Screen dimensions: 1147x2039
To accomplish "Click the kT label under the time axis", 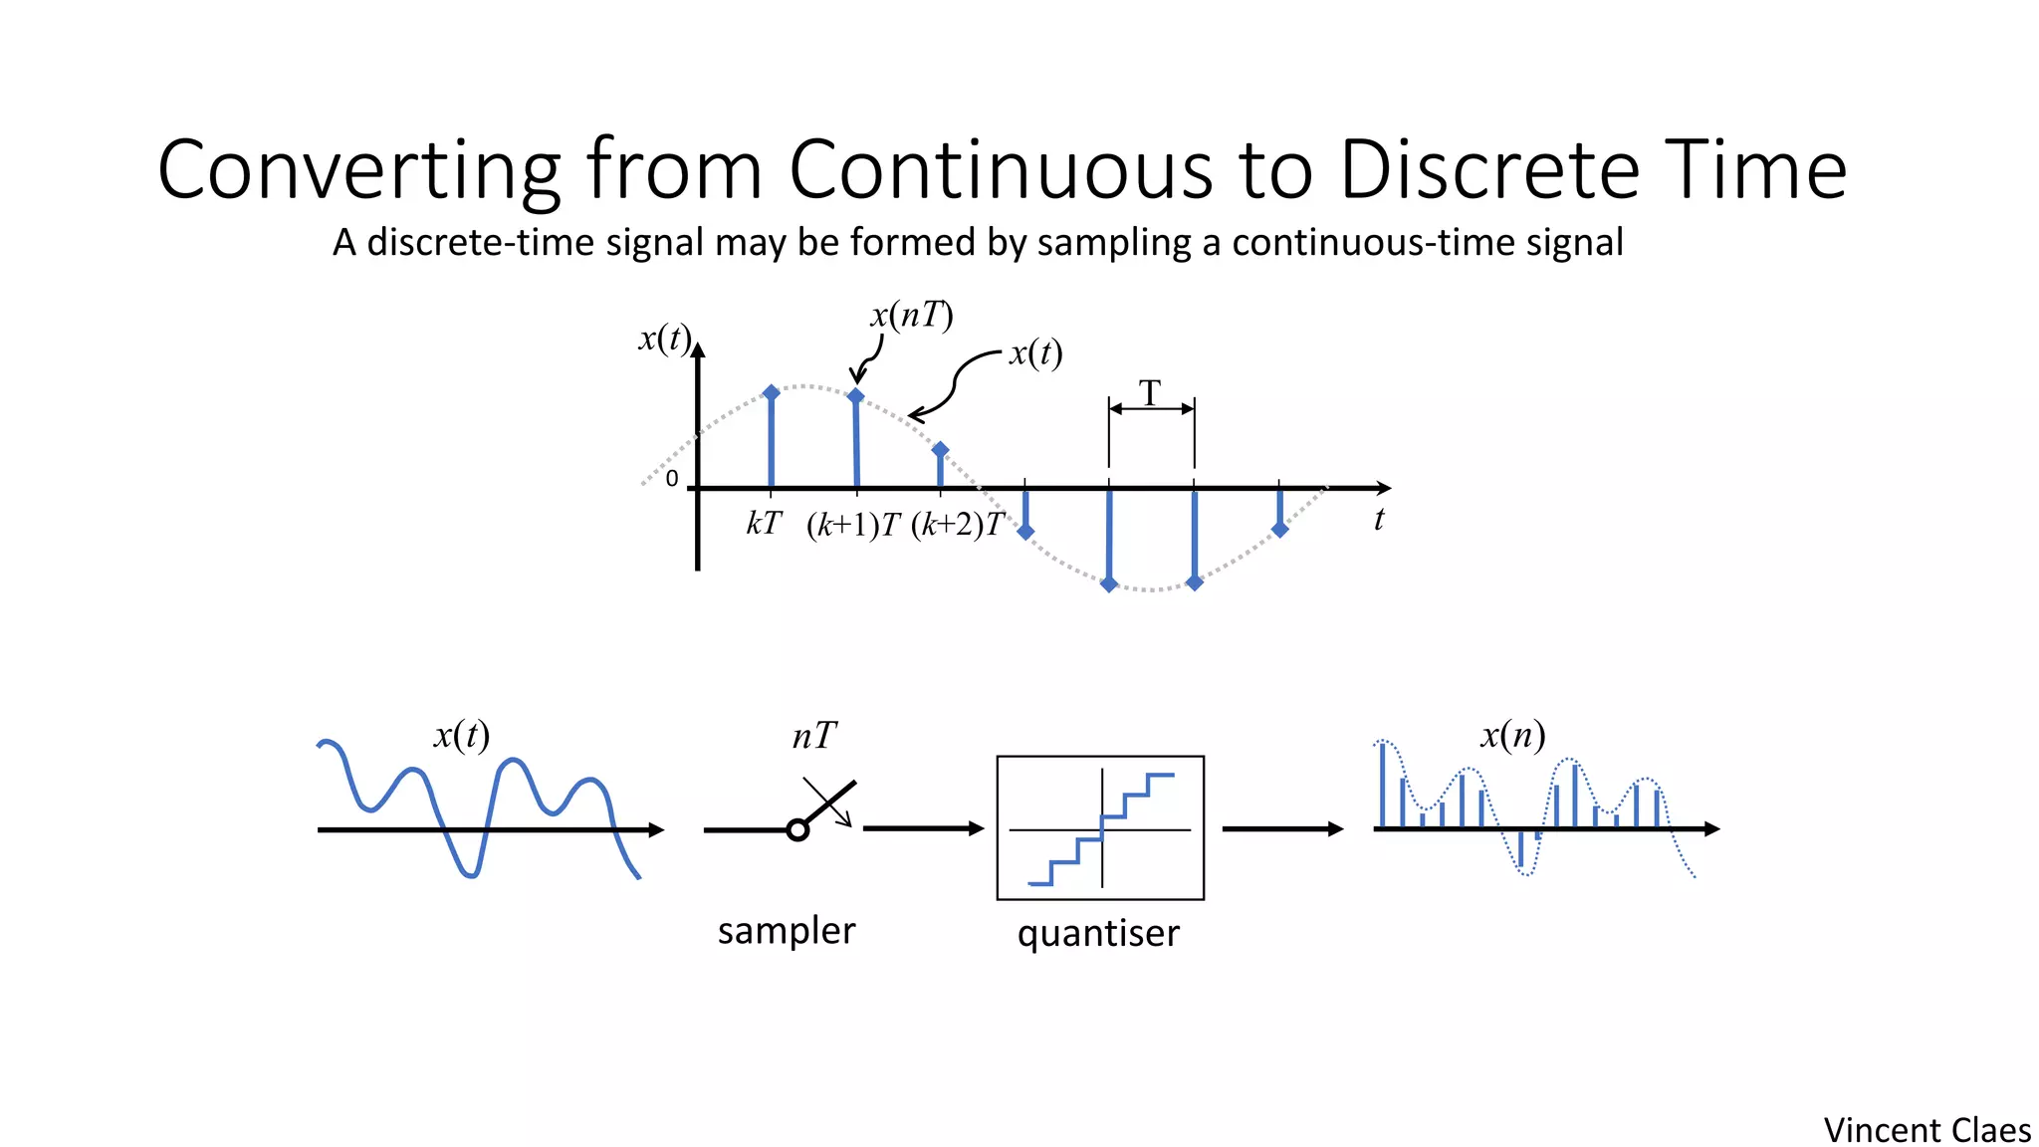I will pos(764,523).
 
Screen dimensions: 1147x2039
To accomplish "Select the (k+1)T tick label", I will pos(853,525).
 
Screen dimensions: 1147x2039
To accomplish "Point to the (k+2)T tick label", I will pos(958,525).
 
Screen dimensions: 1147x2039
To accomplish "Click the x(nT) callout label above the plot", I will pos(911,316).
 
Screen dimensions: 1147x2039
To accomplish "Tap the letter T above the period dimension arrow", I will pos(1150,392).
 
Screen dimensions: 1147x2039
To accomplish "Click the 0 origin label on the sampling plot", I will pos(672,479).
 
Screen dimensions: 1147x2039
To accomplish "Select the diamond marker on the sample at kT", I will pos(771,393).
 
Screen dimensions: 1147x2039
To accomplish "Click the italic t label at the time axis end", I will pos(1379,520).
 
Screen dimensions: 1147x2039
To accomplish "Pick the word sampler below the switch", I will pos(787,930).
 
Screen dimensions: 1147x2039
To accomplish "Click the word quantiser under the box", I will pos(1098,933).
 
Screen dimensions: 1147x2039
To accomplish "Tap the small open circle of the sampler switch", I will pos(797,829).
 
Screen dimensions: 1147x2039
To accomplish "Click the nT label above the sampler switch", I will pos(813,737).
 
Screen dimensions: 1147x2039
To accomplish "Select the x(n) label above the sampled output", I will pos(1512,735).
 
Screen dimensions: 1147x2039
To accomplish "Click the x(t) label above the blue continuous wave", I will pos(461,735).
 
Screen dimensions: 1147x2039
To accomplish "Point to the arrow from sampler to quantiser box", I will pos(923,827).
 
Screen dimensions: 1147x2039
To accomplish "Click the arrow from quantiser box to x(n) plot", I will pos(1282,828).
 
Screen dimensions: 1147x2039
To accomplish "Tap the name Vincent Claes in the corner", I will pos(1926,1130).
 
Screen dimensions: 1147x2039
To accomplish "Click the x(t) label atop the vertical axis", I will pos(664,339).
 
